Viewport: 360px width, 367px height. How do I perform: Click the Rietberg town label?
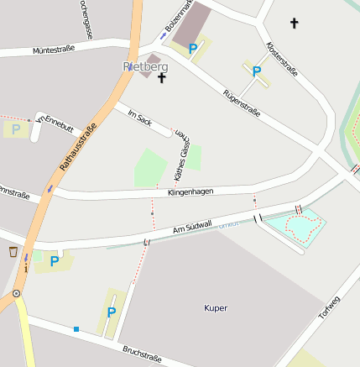point(145,66)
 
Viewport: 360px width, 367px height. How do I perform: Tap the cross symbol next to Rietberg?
point(161,77)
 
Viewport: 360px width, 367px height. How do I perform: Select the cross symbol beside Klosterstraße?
point(294,23)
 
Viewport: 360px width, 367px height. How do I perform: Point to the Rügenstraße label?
point(242,102)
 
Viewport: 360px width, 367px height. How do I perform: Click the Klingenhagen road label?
point(190,192)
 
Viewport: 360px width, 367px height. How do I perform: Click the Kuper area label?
point(216,308)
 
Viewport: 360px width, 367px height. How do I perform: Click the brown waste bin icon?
point(13,251)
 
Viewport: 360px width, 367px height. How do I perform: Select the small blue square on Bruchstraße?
point(76,329)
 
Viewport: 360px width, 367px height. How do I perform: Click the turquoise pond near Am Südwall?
point(302,225)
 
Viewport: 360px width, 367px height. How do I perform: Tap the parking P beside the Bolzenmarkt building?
point(193,49)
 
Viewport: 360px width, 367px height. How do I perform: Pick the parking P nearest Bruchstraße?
point(111,312)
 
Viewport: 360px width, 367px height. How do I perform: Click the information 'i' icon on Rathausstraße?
point(26,269)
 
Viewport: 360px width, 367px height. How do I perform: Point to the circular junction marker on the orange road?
point(16,293)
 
